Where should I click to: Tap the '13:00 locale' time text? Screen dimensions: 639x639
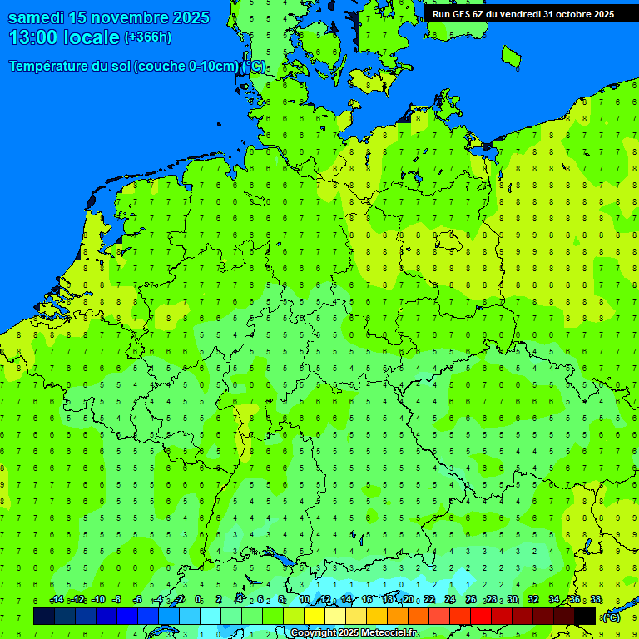click(63, 37)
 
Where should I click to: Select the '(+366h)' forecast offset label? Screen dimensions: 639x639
click(147, 37)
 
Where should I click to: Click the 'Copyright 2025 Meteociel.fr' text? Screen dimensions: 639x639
click(354, 633)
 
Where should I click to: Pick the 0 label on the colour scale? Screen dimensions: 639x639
click(198, 600)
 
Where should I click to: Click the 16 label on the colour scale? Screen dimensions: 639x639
click(367, 600)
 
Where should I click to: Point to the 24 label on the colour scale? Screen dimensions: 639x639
click(450, 600)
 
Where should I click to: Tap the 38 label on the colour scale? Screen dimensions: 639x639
click(596, 600)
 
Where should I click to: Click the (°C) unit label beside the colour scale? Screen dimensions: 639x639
click(611, 617)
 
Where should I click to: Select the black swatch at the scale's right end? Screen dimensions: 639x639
click(585, 616)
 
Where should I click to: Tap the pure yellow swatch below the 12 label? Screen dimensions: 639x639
click(315, 616)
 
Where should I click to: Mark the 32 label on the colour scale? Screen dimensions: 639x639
click(533, 600)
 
